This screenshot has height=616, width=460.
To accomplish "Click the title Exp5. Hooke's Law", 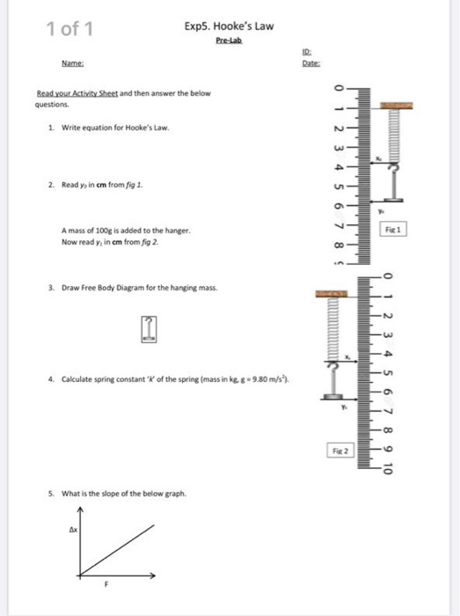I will click(x=229, y=26).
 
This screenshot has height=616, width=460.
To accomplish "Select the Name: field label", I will click(x=72, y=63).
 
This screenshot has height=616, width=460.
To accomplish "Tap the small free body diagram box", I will click(x=152, y=328).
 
